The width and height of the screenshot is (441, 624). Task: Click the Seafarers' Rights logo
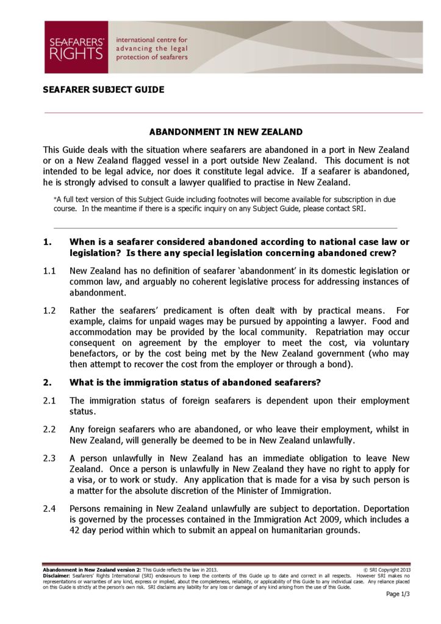[76, 48]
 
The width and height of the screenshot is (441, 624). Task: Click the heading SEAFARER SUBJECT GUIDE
[103, 90]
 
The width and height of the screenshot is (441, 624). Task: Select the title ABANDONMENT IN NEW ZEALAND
[226, 132]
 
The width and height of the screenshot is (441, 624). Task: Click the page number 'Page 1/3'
[398, 595]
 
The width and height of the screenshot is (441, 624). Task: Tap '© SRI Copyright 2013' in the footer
[387, 570]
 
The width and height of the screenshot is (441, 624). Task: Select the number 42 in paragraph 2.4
[76, 530]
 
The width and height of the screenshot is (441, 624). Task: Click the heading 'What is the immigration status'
[195, 383]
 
